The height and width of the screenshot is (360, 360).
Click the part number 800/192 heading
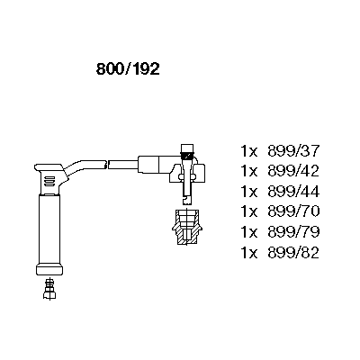(128, 69)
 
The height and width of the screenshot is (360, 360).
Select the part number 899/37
(293, 151)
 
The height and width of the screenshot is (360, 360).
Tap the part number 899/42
(293, 171)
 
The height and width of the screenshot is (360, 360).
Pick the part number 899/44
(293, 191)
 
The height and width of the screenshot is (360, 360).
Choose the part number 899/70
(293, 211)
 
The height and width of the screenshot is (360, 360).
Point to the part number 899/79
(293, 231)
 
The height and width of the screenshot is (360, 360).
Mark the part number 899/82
(293, 252)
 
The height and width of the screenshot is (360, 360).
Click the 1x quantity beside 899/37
(249, 151)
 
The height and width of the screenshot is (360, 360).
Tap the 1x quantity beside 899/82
(249, 253)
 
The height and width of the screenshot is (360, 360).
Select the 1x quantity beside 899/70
(249, 211)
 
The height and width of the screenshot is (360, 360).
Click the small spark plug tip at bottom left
(49, 289)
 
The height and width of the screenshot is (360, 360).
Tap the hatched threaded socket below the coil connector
(186, 228)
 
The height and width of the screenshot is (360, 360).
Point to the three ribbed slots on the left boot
(49, 181)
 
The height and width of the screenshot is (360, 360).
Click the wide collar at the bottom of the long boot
(49, 269)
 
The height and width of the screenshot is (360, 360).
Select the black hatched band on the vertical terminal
(187, 157)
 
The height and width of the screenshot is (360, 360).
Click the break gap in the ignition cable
(107, 165)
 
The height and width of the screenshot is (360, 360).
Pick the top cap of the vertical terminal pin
(187, 148)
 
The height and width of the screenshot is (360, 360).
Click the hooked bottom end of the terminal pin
(187, 199)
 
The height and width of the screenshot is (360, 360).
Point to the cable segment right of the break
(123, 165)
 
